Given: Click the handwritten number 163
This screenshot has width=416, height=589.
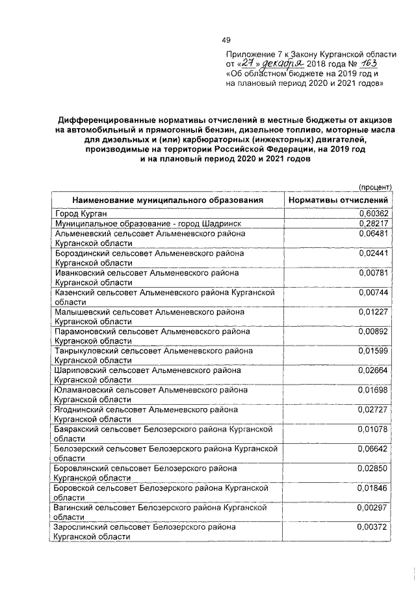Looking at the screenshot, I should click(x=367, y=65).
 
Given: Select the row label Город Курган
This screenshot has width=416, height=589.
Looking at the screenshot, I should click(x=81, y=213).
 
